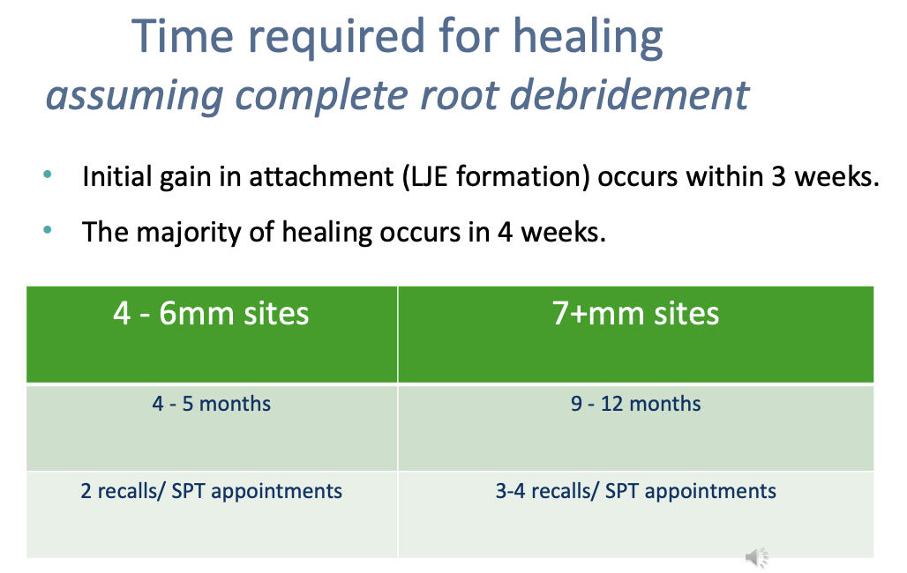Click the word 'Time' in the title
coord(183,36)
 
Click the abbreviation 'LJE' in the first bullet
coord(429,176)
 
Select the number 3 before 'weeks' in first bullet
coord(778,176)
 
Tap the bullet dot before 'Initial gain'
coord(48,174)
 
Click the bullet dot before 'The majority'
coord(48,230)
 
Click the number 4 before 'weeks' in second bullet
coord(505,232)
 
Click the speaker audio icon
coord(756,557)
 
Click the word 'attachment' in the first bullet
coord(321,176)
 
